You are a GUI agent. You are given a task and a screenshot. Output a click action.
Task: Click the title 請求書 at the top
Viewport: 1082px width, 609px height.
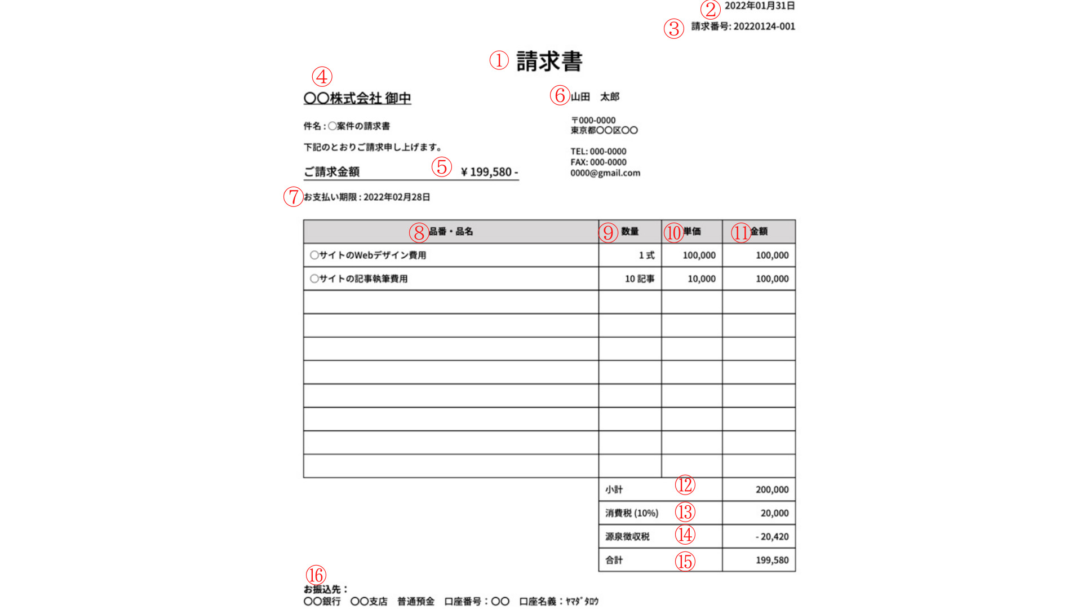pos(549,61)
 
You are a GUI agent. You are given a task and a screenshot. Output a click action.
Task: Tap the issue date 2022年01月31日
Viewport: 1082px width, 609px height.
pos(759,6)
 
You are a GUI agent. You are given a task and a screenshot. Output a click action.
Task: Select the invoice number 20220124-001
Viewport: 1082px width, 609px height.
pos(764,27)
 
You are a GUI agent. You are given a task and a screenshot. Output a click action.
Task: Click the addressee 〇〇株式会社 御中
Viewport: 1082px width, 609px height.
pos(357,98)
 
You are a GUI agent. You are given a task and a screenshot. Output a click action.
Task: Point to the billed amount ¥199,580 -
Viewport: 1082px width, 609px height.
pos(489,172)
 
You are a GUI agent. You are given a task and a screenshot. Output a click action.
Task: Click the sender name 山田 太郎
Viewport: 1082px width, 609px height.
pos(595,97)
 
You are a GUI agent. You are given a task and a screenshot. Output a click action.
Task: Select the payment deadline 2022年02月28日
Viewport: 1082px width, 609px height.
pos(396,197)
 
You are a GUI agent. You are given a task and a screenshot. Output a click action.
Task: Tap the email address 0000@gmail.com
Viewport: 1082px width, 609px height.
pos(605,173)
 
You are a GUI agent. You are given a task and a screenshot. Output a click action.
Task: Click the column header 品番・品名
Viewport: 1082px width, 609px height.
pos(451,232)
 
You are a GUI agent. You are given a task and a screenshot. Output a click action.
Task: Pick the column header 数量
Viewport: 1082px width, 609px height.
pos(630,232)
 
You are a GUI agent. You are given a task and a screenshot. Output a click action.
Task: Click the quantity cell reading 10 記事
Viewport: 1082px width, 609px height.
pos(640,279)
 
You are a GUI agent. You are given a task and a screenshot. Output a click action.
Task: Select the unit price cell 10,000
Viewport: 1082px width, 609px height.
pos(701,279)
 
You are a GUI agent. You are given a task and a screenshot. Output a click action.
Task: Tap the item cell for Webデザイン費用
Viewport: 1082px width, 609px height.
pos(368,255)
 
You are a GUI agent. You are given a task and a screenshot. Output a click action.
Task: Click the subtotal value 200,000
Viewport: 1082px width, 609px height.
pos(772,490)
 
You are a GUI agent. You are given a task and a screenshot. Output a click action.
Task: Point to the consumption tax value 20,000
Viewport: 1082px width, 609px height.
pos(774,514)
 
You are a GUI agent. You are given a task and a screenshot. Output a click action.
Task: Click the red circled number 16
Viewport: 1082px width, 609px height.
pos(316,575)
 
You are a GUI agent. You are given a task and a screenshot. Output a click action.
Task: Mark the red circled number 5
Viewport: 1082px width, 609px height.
pos(442,167)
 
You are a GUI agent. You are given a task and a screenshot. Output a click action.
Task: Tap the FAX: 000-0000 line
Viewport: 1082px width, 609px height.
pos(598,162)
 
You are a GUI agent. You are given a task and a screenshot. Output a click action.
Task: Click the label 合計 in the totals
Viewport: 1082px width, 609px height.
pos(614,561)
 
